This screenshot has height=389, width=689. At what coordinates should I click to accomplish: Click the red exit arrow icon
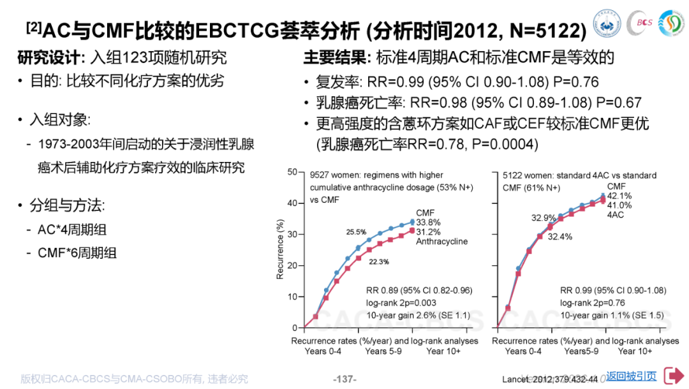674,376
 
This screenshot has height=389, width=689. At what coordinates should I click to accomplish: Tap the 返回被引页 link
631,376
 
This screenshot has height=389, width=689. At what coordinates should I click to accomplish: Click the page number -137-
345,379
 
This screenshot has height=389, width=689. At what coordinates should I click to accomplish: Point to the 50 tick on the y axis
293,172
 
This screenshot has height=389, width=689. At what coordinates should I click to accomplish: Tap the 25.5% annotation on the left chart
356,232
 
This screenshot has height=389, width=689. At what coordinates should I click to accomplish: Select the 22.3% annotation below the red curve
378,261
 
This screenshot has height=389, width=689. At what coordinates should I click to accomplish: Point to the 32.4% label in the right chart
559,237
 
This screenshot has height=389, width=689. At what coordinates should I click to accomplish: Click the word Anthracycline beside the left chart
442,242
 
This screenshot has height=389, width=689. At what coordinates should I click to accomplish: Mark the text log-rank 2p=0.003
401,303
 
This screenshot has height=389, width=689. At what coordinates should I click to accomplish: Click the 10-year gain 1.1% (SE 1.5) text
611,315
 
